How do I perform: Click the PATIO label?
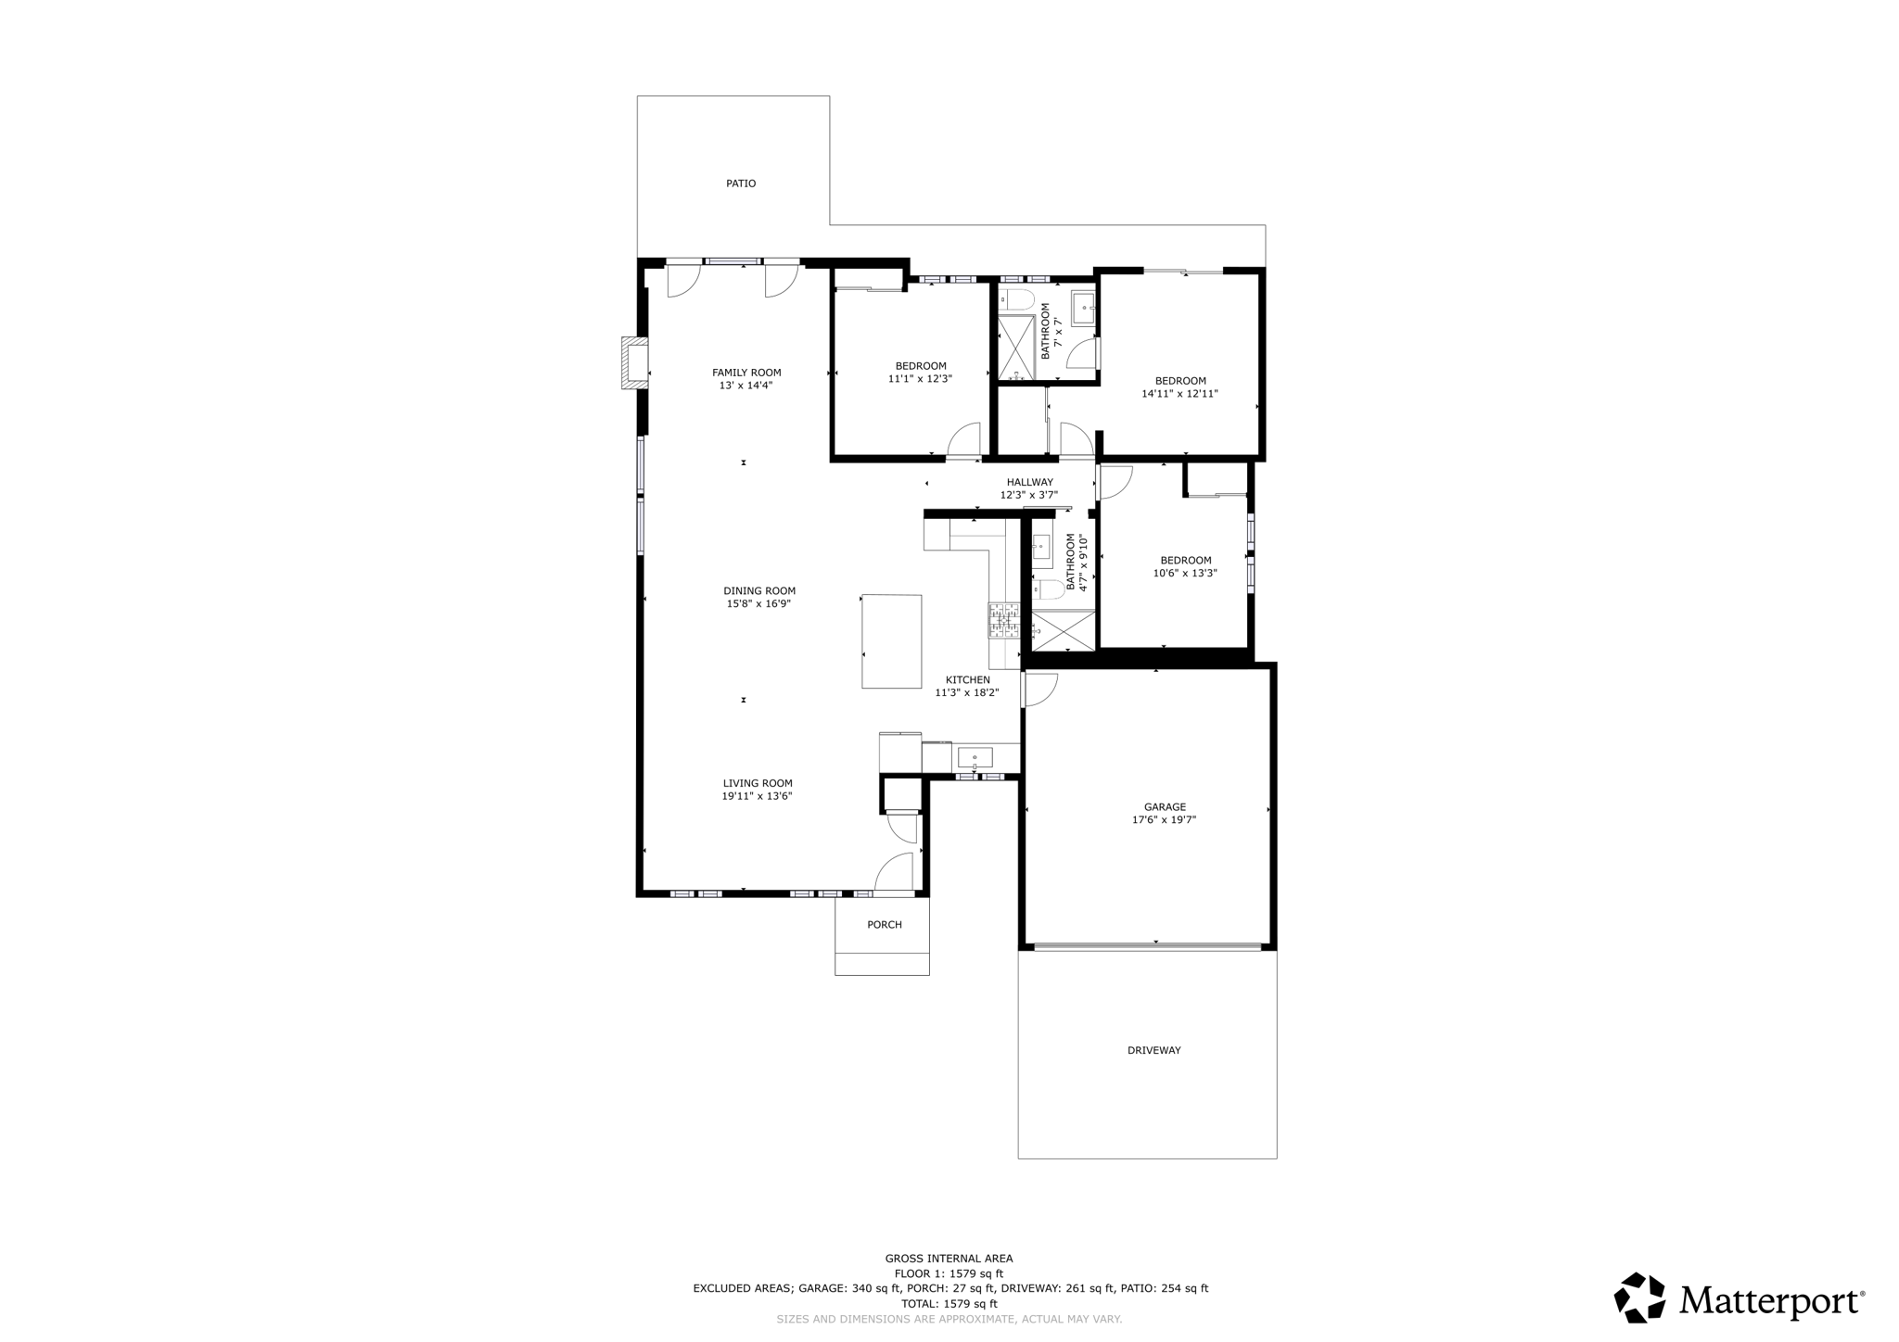740,184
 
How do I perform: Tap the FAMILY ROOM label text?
746,373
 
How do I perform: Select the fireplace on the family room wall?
634,362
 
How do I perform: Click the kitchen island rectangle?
891,641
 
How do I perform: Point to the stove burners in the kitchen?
1003,620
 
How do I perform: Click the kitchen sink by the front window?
975,757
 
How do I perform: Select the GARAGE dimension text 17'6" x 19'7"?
1164,820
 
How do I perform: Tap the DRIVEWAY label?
1153,1050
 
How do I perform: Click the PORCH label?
884,925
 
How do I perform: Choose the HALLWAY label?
1029,482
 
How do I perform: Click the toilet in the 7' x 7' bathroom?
1016,299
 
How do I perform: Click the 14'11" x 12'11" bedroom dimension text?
1179,394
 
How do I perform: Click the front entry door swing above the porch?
895,871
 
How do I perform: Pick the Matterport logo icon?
1639,1298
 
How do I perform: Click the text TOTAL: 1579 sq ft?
949,1303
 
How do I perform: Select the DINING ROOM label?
759,591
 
